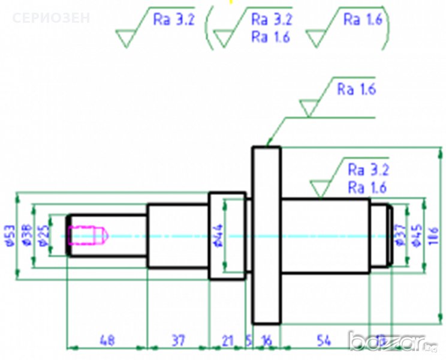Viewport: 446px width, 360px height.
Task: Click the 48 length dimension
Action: point(107,340)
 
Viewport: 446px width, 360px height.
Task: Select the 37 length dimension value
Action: point(178,340)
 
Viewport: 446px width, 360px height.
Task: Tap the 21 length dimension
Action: point(227,340)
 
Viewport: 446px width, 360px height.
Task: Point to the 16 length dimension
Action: point(267,340)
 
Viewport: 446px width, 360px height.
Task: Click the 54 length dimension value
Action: point(324,340)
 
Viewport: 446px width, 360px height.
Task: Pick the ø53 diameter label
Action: point(10,236)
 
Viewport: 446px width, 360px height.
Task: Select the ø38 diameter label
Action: point(27,236)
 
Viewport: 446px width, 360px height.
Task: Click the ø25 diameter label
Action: point(43,236)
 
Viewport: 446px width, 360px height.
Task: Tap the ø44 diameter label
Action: point(218,236)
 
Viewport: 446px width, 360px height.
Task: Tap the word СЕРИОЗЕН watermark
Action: point(51,17)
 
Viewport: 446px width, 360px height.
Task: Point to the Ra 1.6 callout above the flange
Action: point(356,90)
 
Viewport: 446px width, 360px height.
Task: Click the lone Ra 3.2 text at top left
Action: point(174,19)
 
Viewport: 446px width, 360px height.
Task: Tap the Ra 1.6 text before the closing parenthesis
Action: point(361,19)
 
